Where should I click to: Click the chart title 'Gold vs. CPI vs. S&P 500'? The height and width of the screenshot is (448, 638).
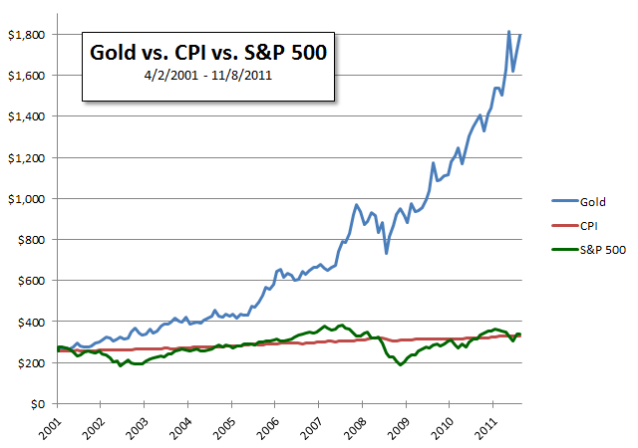tap(206, 51)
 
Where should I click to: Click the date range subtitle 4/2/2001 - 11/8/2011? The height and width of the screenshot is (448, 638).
tap(206, 75)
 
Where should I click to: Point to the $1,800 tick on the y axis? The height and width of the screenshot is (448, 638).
tap(27, 34)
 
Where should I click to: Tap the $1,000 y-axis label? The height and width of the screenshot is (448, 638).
tap(27, 198)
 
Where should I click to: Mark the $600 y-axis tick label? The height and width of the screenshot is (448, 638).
tap(31, 281)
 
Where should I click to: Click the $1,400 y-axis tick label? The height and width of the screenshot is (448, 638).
tap(27, 116)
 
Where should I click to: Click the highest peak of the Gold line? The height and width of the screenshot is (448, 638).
tap(509, 32)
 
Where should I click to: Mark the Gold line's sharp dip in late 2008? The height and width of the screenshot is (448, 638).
tap(386, 253)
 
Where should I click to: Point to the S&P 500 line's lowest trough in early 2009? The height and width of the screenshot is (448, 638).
tap(401, 365)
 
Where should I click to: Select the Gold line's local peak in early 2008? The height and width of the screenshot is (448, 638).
tap(356, 205)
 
